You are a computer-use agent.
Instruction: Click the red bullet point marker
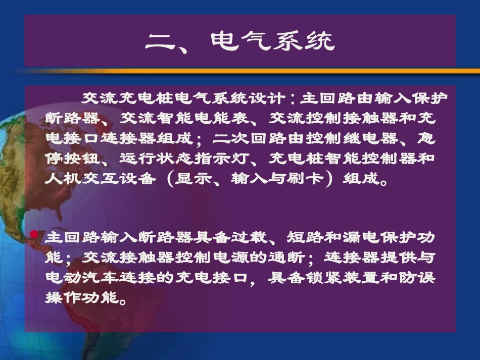pyautogui.click(x=34, y=234)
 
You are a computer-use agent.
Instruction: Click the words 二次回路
pyautogui.click(x=251, y=138)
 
